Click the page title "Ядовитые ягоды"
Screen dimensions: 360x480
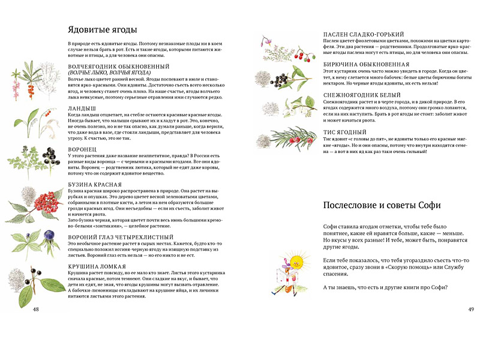pos(103,29)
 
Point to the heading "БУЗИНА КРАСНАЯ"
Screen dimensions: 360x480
pos(95,185)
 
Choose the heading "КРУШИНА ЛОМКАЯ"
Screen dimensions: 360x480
pos(97,266)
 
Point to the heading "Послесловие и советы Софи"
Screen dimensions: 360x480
pos(382,205)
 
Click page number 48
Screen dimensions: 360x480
pos(35,309)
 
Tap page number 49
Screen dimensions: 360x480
pos(470,309)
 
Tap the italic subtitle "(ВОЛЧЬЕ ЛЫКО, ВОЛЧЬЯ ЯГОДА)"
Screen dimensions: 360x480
pos(109,73)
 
